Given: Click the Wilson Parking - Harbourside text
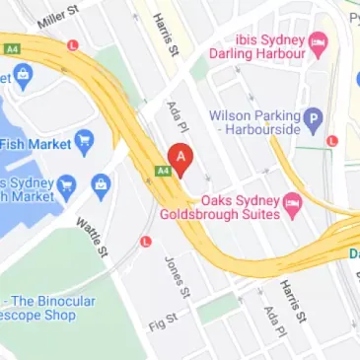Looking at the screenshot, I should [x=253, y=122].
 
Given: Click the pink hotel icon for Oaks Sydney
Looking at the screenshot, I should [x=292, y=203].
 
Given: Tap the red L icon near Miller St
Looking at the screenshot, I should [x=72, y=45].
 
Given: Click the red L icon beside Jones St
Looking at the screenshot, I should [x=147, y=241].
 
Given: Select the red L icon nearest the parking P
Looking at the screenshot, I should [x=331, y=141].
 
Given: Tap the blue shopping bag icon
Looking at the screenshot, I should [x=101, y=183].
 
